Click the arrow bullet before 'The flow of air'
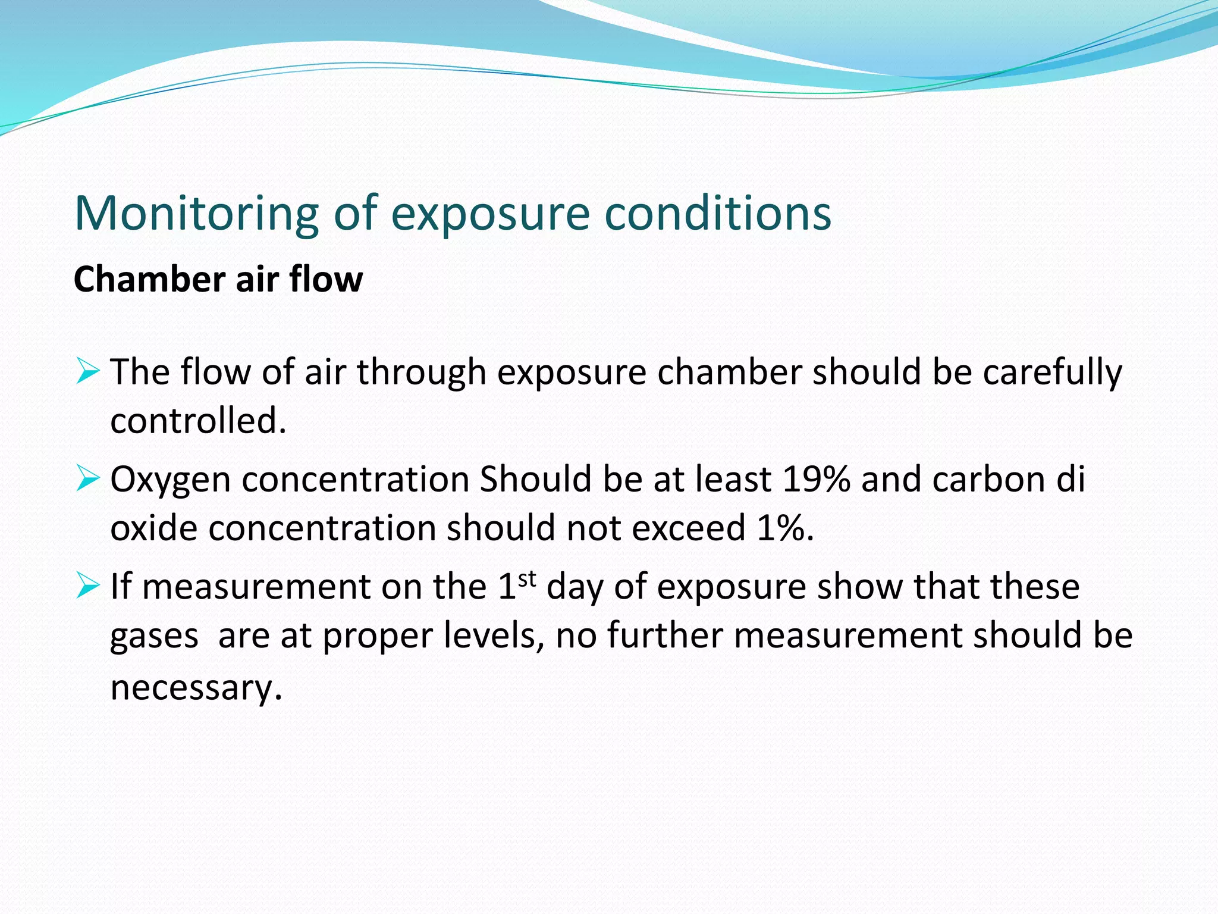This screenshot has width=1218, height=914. [x=87, y=372]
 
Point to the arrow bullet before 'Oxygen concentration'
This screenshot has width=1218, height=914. [x=87, y=479]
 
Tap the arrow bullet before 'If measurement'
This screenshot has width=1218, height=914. [x=87, y=586]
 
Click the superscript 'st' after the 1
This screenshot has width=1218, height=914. [x=527, y=578]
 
